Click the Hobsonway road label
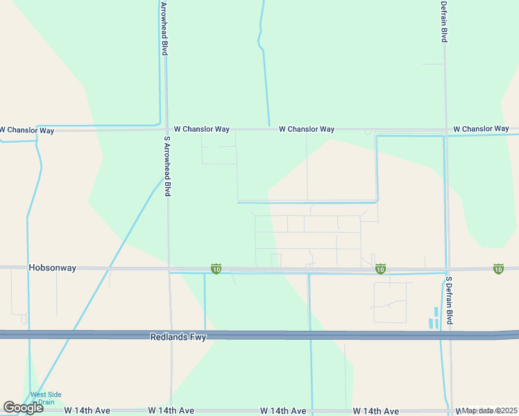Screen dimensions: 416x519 pyautogui.click(x=52, y=267)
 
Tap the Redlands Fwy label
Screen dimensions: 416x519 pyautogui.click(x=178, y=336)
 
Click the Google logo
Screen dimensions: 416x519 pyautogui.click(x=23, y=408)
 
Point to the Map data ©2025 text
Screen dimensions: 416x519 pyautogui.click(x=490, y=410)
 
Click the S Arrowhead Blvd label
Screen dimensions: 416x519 pyautogui.click(x=167, y=166)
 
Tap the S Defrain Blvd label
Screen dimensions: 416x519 pyautogui.click(x=449, y=301)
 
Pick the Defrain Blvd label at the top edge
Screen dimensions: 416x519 pyautogui.click(x=443, y=21)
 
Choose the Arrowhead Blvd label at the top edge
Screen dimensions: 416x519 pyautogui.click(x=164, y=28)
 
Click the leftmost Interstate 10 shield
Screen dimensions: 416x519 pyautogui.click(x=216, y=268)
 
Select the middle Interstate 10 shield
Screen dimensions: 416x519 pyautogui.click(x=380, y=268)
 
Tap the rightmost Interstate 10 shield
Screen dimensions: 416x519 pyautogui.click(x=498, y=268)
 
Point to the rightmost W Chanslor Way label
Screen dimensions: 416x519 pyautogui.click(x=481, y=129)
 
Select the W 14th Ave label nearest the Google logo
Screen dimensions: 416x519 pyautogui.click(x=86, y=411)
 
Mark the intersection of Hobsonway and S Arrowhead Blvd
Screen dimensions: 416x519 pyautogui.click(x=169, y=268)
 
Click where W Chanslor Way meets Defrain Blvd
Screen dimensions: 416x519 pyautogui.click(x=445, y=130)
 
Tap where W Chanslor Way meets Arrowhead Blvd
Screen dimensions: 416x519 pyautogui.click(x=167, y=129)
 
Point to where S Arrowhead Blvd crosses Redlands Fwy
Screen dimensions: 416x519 pyautogui.click(x=171, y=335)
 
